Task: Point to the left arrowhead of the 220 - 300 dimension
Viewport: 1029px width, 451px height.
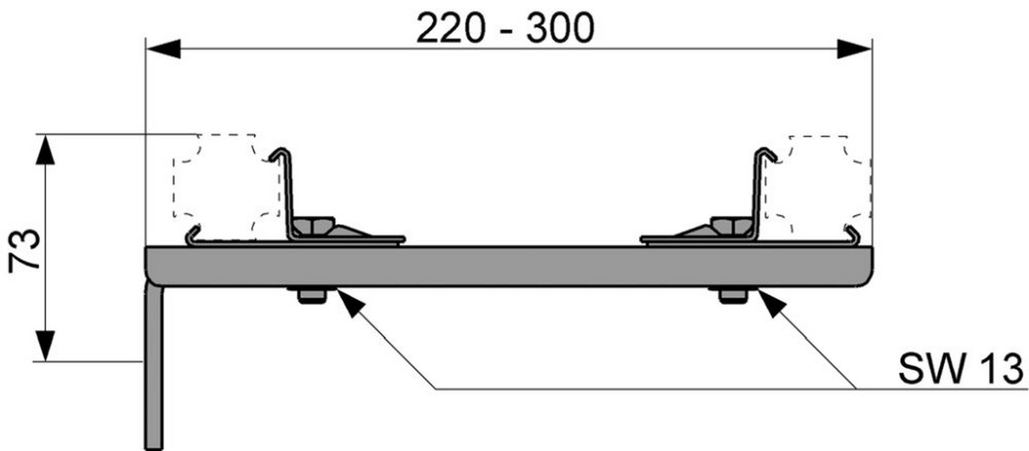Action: pos(164,49)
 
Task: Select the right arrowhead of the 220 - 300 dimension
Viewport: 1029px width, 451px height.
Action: pos(854,49)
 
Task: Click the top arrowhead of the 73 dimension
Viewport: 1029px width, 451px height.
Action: pos(45,150)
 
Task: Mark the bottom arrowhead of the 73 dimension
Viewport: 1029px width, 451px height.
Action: pos(45,346)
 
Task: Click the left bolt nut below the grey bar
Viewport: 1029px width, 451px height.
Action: pos(312,296)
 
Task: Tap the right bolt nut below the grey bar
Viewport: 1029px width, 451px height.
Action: pos(733,296)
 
